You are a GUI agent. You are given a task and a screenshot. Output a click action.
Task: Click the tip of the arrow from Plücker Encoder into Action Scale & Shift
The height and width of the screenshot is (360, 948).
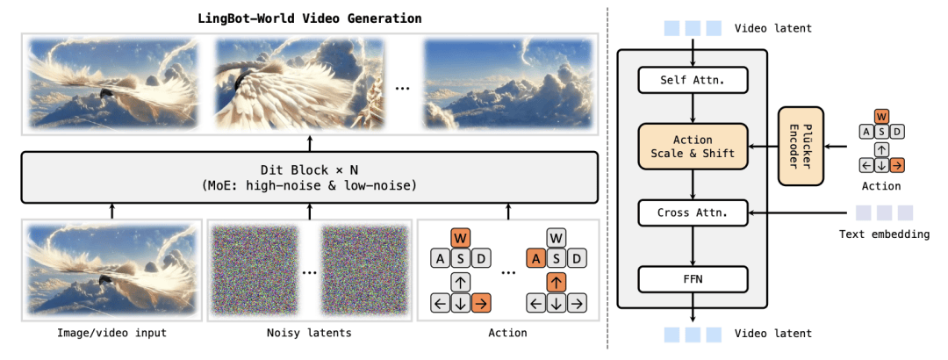click(x=749, y=147)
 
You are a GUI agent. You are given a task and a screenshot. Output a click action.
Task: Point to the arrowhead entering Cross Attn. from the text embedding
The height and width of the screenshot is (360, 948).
click(x=749, y=213)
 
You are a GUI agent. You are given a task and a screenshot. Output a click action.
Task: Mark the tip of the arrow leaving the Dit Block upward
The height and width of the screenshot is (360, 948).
click(x=310, y=136)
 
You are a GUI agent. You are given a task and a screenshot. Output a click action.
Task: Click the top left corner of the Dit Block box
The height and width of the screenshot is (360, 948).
click(x=21, y=152)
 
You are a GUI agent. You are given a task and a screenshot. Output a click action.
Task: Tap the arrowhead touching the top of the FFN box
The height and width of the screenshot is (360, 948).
click(x=693, y=266)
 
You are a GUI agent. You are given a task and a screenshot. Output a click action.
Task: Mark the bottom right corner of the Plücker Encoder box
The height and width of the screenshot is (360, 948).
click(x=823, y=185)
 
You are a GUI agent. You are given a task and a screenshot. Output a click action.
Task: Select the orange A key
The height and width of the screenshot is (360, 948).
click(x=535, y=259)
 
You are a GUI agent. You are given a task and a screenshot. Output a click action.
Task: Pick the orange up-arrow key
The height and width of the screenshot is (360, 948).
click(x=557, y=282)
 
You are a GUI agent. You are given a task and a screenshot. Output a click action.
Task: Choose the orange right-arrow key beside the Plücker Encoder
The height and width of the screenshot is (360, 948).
click(x=896, y=164)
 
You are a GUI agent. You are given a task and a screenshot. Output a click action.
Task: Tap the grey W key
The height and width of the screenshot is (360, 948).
click(x=557, y=237)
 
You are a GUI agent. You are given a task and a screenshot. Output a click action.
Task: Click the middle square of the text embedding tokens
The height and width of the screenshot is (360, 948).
click(x=884, y=212)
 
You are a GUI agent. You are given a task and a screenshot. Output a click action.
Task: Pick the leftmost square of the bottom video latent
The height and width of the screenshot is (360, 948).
click(x=672, y=334)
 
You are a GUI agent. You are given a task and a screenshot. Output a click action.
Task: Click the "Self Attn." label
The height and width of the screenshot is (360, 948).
click(x=693, y=80)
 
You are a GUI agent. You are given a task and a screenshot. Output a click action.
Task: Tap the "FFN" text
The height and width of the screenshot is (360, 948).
click(x=693, y=280)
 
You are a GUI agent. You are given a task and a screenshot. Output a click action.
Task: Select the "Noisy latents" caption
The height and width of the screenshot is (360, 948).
click(x=309, y=333)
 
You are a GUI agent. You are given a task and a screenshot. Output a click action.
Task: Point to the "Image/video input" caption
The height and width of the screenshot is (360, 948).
click(x=111, y=333)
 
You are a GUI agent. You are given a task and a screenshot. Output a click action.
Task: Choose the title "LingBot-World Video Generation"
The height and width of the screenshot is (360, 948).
click(x=310, y=18)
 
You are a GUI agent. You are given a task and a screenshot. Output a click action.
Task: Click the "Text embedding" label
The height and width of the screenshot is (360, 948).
click(x=885, y=234)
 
